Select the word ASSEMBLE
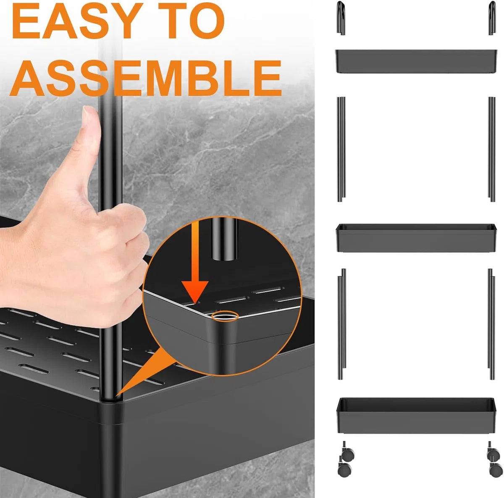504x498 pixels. click(145, 78)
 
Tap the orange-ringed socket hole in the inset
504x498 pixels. click(225, 316)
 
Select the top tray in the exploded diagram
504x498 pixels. click(415, 61)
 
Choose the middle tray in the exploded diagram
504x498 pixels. click(415, 238)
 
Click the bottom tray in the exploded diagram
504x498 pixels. click(415, 416)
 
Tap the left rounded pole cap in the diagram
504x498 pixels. click(340, 18)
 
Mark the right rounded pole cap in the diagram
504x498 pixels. click(492, 18)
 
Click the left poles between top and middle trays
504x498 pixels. click(341, 149)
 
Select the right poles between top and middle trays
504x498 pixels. click(492, 149)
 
